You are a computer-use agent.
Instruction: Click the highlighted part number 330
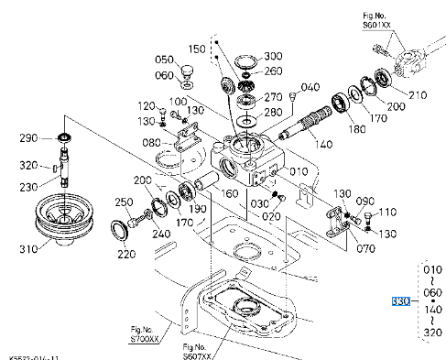tap(399, 300)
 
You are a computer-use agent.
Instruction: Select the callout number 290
tap(29, 138)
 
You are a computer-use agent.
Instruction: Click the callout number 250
tap(124, 202)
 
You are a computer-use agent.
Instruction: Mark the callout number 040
tap(309, 87)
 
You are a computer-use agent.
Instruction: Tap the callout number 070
tap(364, 246)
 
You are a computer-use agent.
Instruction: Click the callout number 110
tap(387, 213)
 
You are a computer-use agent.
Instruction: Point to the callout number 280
tap(272, 112)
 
